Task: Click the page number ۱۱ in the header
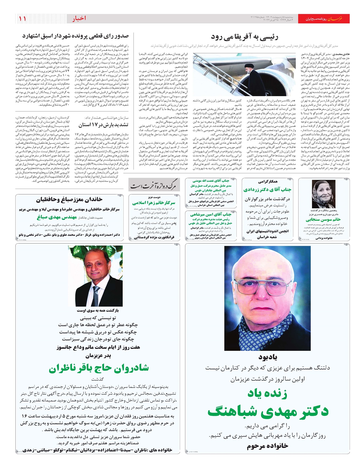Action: (22, 19)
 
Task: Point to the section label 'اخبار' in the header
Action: (79, 19)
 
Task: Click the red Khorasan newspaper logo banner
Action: (326, 19)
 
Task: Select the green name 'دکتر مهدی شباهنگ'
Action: (268, 412)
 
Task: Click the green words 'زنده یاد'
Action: (267, 393)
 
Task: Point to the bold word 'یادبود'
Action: (268, 357)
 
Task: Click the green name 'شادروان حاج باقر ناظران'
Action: (99, 368)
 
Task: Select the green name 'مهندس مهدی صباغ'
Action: (57, 217)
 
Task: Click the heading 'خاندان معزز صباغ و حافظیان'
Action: (69, 200)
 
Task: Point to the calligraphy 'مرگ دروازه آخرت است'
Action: (154, 186)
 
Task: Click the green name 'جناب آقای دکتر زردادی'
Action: (267, 190)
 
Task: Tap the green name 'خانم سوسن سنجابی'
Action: (323, 220)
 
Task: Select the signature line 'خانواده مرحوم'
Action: (267, 446)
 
